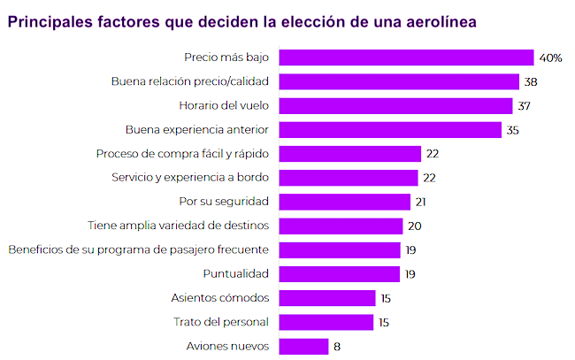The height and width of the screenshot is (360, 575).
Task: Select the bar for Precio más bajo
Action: coord(407,57)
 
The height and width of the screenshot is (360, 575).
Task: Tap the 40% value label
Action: coord(551,57)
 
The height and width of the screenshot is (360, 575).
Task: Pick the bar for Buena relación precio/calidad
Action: coord(399,81)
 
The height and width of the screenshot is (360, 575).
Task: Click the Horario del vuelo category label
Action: coord(224,105)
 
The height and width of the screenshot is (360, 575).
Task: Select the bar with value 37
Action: coord(395,105)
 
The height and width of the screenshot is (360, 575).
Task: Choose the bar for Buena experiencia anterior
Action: coord(392,129)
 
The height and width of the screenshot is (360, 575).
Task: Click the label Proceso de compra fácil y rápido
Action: coord(181,153)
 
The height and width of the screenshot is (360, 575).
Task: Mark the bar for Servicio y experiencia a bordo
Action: coord(349,177)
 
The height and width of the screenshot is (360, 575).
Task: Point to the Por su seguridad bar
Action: coord(345,202)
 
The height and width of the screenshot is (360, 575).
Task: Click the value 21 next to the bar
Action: coord(422,202)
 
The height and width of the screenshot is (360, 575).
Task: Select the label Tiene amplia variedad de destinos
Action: coord(179,226)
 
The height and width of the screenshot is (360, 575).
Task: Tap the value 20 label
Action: coord(415,226)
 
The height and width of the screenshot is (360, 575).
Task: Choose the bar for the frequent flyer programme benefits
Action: coord(340,249)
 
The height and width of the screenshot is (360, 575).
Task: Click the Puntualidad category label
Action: coord(236,273)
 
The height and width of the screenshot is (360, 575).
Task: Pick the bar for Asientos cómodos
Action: coord(327,297)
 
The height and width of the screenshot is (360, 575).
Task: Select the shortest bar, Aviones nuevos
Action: coord(303,346)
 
